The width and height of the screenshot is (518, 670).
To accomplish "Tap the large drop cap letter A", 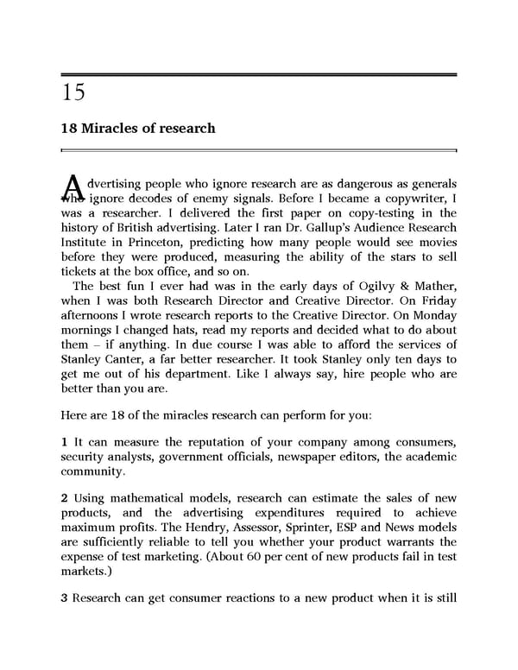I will (73, 187).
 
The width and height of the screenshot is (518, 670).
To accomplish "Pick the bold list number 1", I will (64, 442).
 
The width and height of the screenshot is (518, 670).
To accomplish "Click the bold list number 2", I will (64, 498).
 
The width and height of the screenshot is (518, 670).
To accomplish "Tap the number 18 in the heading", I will (69, 129).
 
